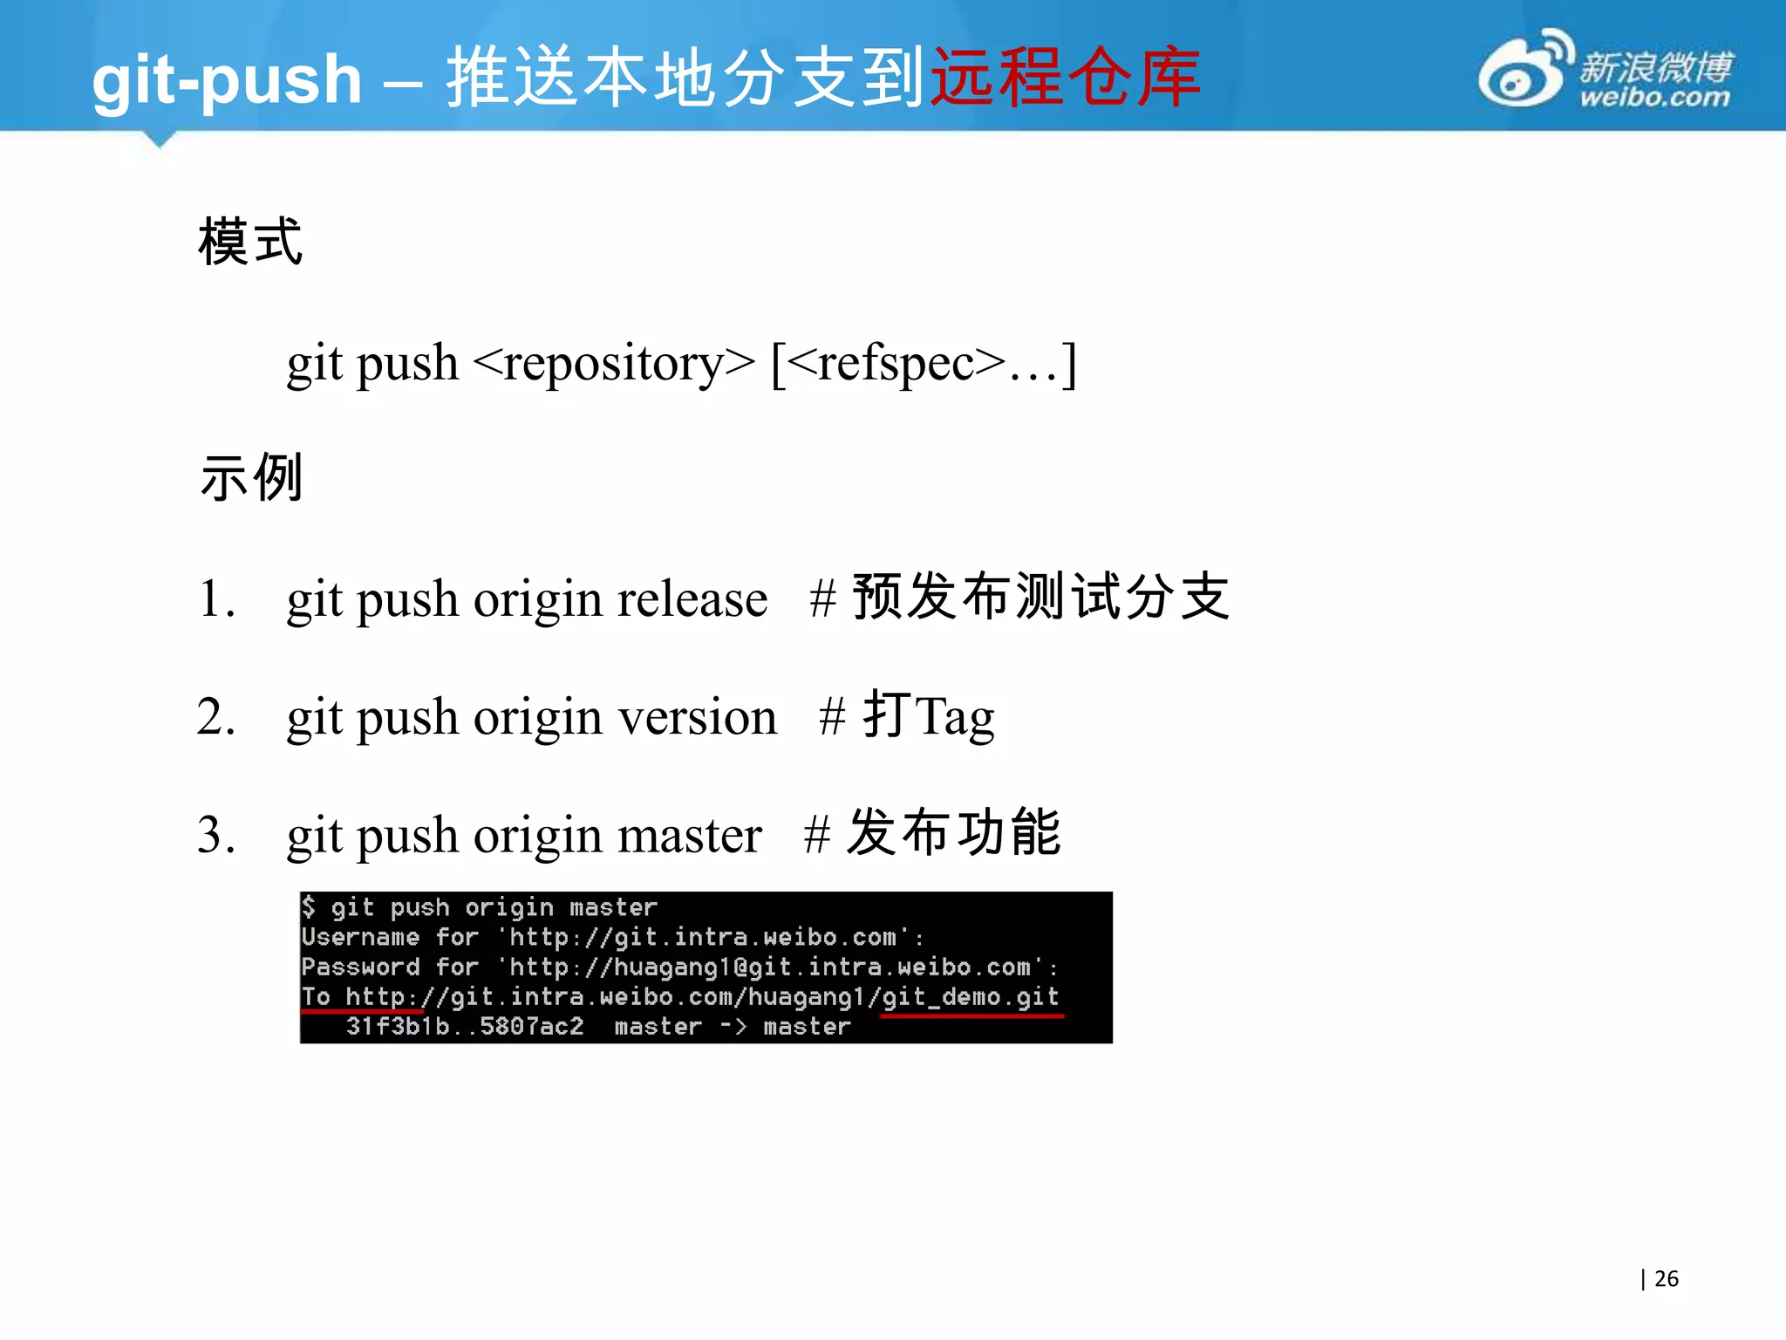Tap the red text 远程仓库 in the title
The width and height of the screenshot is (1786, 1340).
pyautogui.click(x=1066, y=77)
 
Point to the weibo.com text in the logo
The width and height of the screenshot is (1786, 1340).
pyautogui.click(x=1654, y=97)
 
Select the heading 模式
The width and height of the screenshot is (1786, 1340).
pyautogui.click(x=250, y=242)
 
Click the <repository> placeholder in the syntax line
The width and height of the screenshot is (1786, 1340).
pyautogui.click(x=613, y=364)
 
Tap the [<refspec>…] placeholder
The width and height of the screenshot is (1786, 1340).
pyautogui.click(x=924, y=364)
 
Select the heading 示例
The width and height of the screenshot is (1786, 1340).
pyautogui.click(x=251, y=477)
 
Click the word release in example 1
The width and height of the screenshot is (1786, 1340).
pyautogui.click(x=692, y=599)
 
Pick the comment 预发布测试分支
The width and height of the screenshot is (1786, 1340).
pyautogui.click(x=1040, y=598)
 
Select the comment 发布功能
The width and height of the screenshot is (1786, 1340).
pyautogui.click(x=954, y=833)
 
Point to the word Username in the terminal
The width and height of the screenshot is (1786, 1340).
pyautogui.click(x=360, y=937)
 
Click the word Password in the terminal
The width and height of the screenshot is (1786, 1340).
pyautogui.click(x=360, y=967)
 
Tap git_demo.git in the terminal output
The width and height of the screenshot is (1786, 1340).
pyautogui.click(x=970, y=996)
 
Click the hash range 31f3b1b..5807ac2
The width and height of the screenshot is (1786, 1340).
pyautogui.click(x=465, y=1026)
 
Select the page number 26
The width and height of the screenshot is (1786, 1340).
pyautogui.click(x=1666, y=1279)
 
